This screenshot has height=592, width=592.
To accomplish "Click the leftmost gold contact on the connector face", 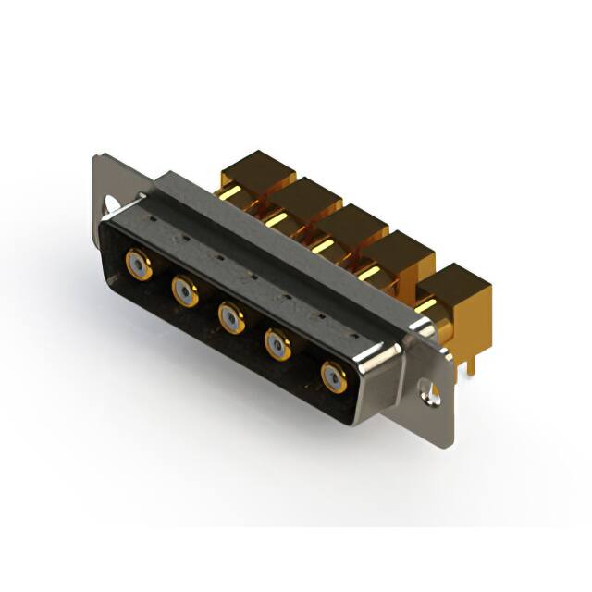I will point(140,266).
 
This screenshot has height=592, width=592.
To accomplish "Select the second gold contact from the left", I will point(185,293).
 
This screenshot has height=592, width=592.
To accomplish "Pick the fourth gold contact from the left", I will point(278,346).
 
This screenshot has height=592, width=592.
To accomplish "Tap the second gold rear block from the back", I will point(306,198).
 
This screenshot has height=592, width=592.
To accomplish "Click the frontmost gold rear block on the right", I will point(457,287).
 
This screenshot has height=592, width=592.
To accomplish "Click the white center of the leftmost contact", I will point(140,266).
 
